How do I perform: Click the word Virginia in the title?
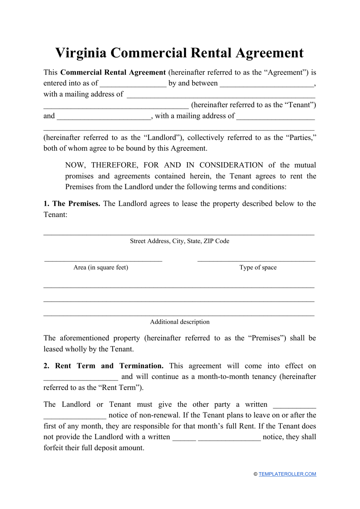(x=80, y=53)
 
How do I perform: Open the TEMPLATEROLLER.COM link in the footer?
(x=287, y=474)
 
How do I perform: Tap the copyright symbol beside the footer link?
(x=255, y=474)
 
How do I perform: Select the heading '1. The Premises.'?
(x=72, y=204)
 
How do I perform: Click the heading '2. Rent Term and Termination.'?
(x=103, y=366)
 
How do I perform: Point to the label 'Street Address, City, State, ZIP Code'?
(x=180, y=241)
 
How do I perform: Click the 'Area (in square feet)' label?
(x=101, y=268)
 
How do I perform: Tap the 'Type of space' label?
(x=258, y=268)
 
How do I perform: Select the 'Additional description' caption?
(x=180, y=322)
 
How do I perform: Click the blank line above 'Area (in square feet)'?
(x=103, y=260)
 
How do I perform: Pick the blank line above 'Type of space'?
(x=256, y=260)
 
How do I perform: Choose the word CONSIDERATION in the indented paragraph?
(x=231, y=165)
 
